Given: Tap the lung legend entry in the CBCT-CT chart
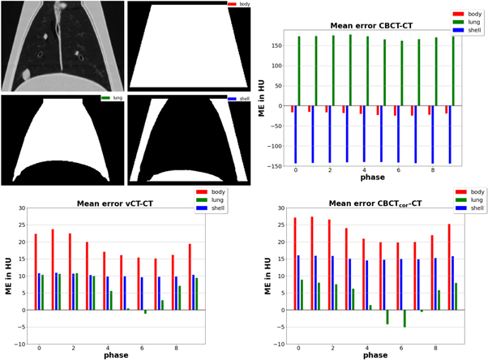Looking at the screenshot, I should coord(469,23).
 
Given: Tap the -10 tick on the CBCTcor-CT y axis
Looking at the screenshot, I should coord(276,343).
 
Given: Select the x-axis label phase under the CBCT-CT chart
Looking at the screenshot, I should coord(372,177).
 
